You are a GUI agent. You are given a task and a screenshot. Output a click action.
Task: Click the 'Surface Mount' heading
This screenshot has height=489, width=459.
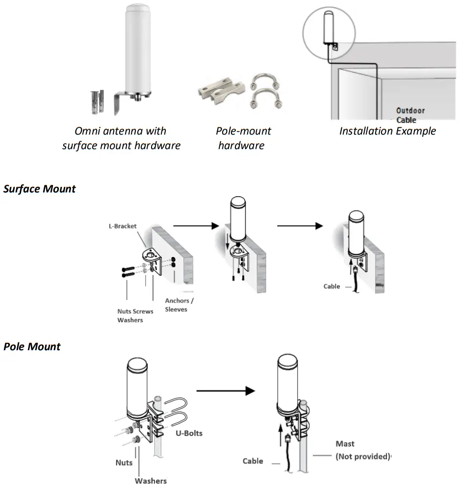40,189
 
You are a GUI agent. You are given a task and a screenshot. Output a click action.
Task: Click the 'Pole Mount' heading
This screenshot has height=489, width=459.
32,347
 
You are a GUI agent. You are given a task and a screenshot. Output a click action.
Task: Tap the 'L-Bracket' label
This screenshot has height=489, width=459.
123,227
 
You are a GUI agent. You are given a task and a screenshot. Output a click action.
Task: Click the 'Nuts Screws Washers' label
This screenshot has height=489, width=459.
135,315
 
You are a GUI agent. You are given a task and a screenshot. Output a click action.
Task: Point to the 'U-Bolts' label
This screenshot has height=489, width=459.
189,433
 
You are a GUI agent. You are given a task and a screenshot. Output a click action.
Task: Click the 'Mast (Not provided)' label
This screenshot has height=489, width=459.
362,450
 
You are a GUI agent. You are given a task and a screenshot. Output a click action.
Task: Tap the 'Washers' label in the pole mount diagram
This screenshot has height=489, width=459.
151,481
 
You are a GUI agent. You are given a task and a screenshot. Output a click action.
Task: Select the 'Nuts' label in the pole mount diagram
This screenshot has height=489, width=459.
124,463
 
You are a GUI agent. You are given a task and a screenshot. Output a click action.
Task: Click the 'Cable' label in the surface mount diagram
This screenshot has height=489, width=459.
331,286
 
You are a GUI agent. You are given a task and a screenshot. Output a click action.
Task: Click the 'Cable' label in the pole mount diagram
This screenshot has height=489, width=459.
253,461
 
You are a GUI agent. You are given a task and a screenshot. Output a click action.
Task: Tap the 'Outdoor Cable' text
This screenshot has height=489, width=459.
410,115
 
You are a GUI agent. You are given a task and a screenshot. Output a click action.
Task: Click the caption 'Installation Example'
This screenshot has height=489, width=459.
387,131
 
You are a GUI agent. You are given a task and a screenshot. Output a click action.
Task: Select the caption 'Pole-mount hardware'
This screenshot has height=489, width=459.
243,138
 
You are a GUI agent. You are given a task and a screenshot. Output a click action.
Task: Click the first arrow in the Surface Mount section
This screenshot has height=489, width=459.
195,226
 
